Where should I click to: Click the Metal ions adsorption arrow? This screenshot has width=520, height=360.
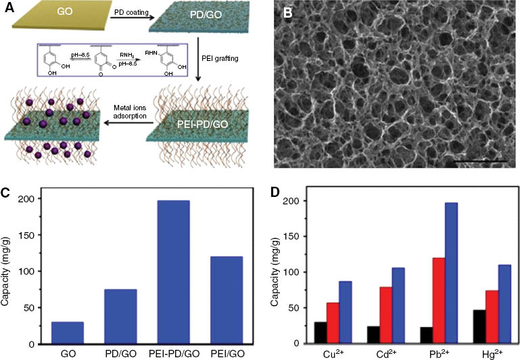(125, 135)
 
